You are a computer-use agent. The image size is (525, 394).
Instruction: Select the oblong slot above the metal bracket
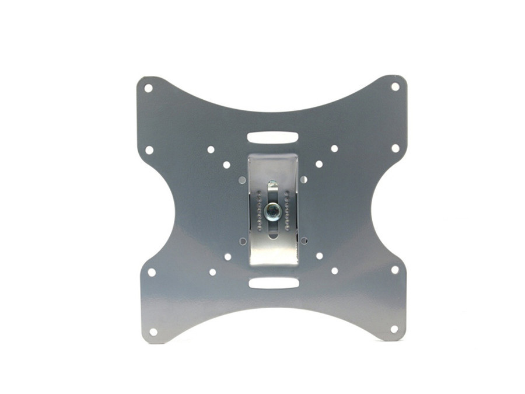[272, 138]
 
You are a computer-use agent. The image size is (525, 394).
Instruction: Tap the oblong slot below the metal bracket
[273, 283]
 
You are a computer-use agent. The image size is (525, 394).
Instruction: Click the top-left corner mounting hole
[148, 88]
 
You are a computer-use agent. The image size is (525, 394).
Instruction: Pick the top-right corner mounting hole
[395, 86]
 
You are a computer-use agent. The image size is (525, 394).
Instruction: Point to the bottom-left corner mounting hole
[153, 332]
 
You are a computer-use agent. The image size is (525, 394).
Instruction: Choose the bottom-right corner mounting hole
[394, 329]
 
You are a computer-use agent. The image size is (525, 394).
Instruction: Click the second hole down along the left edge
[149, 150]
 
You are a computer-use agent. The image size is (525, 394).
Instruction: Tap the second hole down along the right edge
[395, 148]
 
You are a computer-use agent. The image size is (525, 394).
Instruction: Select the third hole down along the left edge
[152, 272]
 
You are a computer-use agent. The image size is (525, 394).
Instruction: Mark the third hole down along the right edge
[394, 270]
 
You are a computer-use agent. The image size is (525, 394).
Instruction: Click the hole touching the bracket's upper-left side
[242, 180]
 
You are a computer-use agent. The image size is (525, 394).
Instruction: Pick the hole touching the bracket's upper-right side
[303, 179]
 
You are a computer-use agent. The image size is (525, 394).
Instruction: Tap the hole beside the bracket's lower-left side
[243, 240]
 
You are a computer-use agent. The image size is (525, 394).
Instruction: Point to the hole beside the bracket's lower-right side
[304, 240]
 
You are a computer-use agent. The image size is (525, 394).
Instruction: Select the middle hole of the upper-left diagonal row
[226, 165]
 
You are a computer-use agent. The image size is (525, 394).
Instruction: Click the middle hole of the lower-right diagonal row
[319, 256]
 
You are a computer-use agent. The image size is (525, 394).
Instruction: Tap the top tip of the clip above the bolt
[272, 183]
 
